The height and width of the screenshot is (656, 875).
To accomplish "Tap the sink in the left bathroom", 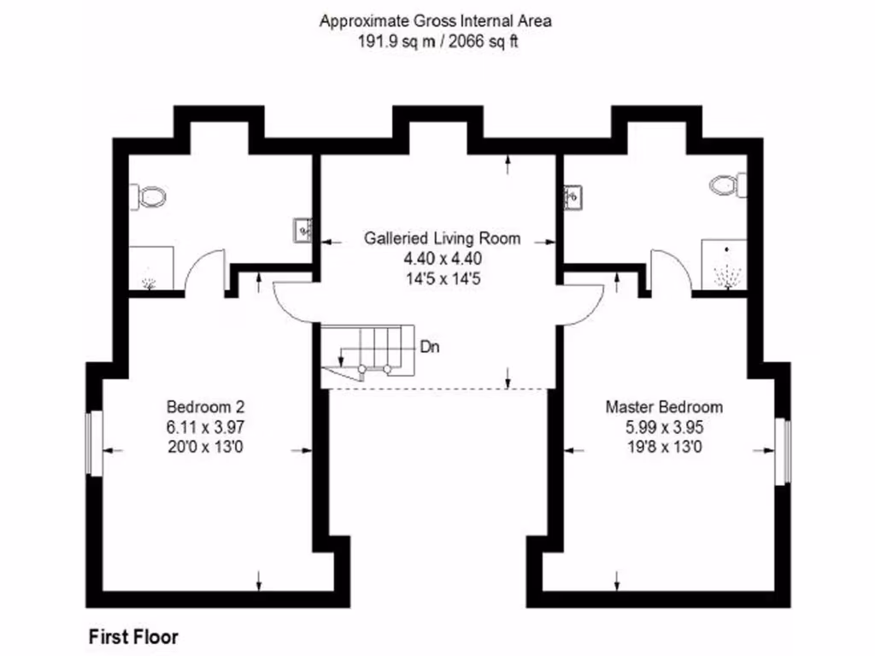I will (303, 230).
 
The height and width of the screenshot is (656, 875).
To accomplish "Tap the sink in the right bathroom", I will (572, 197).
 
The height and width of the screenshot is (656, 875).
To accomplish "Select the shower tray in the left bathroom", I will (150, 269).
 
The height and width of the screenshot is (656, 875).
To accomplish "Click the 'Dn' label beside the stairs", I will (431, 348).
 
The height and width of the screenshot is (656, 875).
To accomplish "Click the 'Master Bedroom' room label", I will (664, 407).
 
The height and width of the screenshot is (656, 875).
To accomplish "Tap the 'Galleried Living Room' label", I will (442, 238).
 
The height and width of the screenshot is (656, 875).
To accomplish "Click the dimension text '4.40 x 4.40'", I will (442, 257).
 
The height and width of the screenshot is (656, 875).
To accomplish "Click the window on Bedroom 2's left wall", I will (96, 442).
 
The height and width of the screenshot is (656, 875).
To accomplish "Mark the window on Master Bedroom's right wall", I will (783, 451).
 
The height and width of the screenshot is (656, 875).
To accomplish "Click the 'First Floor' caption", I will (134, 636).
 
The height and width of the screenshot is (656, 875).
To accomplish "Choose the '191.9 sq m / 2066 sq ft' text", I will (437, 41).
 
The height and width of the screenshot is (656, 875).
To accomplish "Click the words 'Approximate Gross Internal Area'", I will (436, 21).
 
